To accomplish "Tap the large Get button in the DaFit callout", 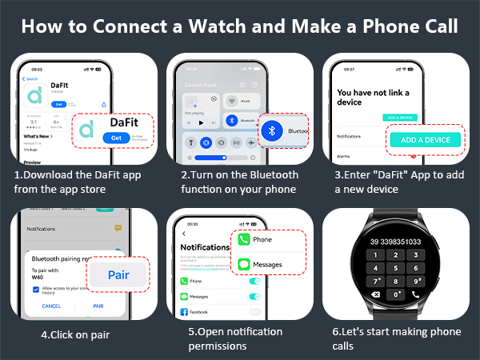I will pos(116,138).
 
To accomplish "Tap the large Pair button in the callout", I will pos(118,274).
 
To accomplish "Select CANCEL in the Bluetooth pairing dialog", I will pos(51,306).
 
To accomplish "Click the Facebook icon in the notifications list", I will pos(184,311).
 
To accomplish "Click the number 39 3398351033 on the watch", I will pos(396,242).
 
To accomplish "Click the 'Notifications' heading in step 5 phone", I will pos(206,248).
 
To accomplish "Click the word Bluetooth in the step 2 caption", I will pos(271,175).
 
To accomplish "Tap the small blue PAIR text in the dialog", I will pos(98,306).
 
